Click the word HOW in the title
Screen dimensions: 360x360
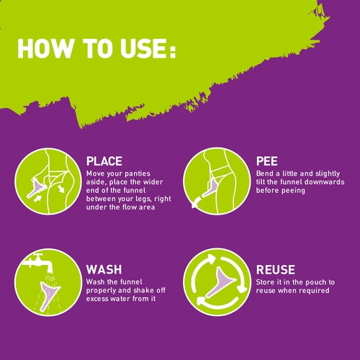coord(45,48)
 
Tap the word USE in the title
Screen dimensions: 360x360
coord(144,48)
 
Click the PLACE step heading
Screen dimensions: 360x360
coord(104,161)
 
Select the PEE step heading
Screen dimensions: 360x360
coord(267,161)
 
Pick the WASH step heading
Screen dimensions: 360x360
coord(104,269)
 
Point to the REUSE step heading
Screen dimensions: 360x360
coord(276,269)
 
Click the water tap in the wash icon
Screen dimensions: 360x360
coord(38,263)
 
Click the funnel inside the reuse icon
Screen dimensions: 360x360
coord(219,282)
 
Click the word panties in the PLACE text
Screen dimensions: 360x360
coord(138,174)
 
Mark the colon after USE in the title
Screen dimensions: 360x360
coord(173,50)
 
